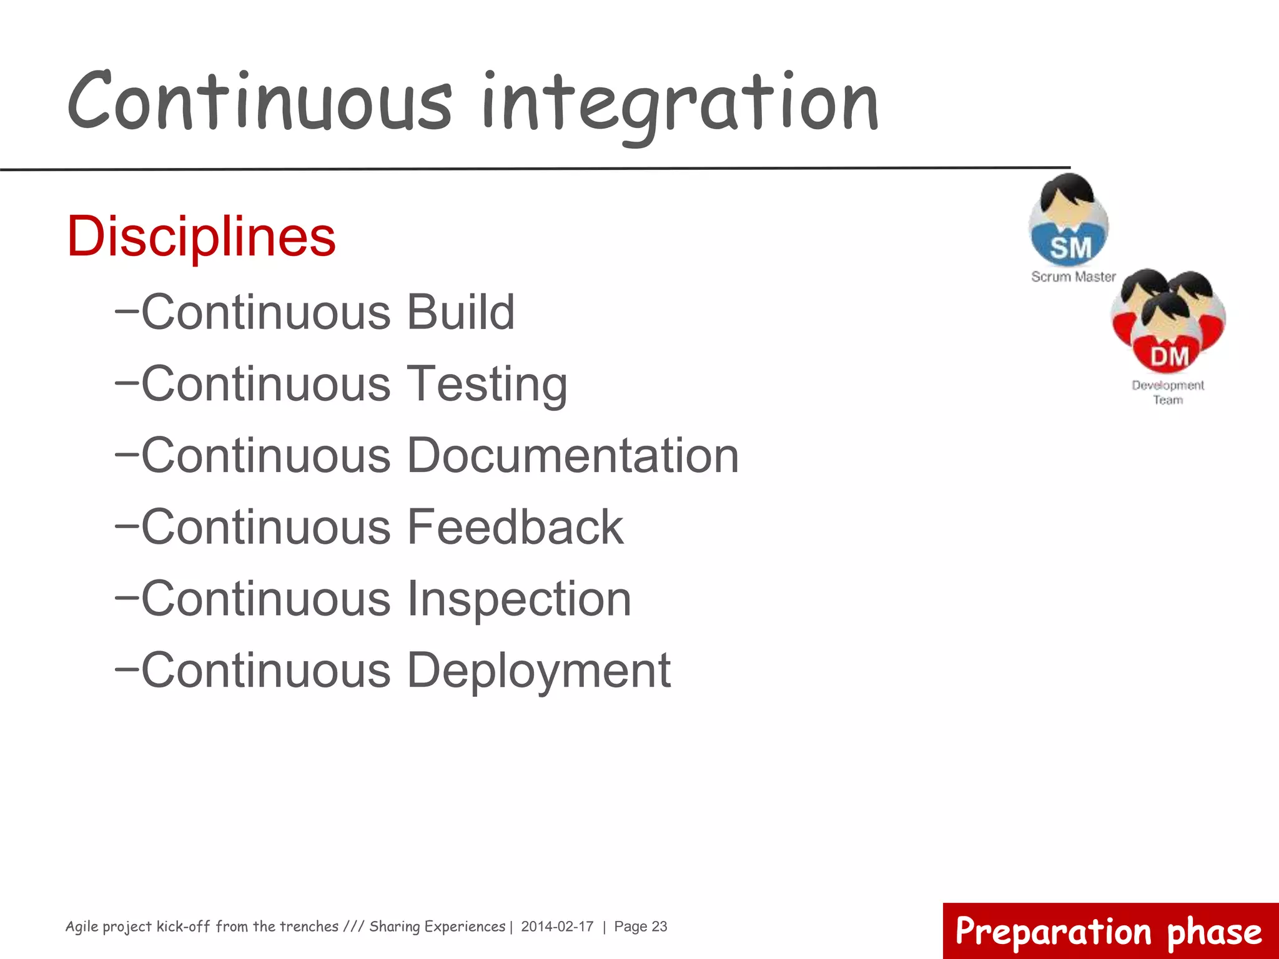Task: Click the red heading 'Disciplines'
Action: tap(201, 237)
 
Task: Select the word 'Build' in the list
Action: tap(461, 312)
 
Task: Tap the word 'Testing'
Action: tap(487, 383)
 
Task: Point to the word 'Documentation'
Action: tap(573, 455)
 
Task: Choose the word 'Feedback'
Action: tap(515, 527)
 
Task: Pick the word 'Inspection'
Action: tap(519, 599)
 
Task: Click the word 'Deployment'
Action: tap(539, 671)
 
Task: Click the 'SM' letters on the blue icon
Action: tap(1070, 247)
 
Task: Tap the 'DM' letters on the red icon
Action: tap(1169, 357)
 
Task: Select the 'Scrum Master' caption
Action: tap(1073, 277)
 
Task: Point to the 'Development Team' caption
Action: tap(1167, 392)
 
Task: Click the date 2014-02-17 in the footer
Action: tap(557, 927)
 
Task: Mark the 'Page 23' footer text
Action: tap(640, 927)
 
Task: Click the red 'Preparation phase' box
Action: tap(1109, 931)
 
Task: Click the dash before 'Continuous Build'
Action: tap(126, 308)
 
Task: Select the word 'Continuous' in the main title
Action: tap(259, 103)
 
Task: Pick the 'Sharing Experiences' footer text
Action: tap(437, 927)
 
